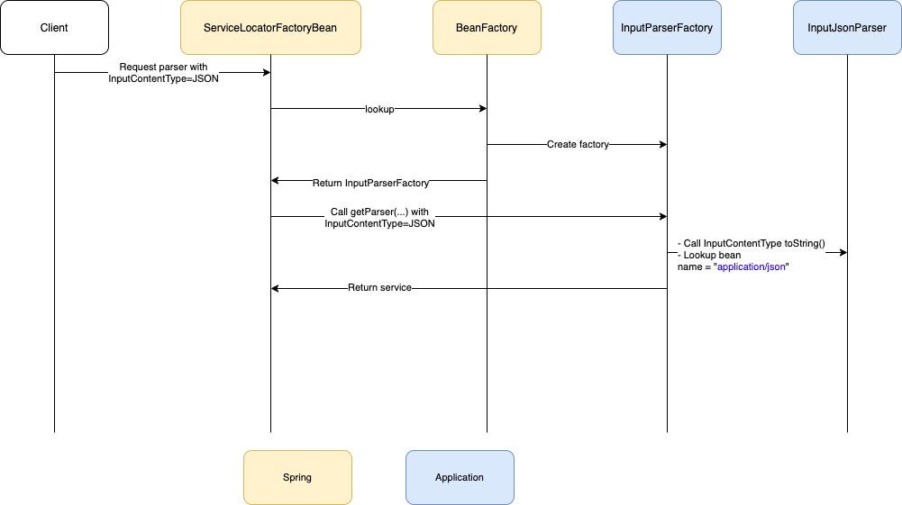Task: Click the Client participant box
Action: click(54, 28)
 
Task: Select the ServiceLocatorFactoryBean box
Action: click(270, 28)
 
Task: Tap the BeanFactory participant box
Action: click(487, 28)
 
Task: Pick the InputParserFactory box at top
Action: click(667, 28)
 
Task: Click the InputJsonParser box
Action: click(847, 28)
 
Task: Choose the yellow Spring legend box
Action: click(297, 477)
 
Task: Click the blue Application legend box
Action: click(460, 477)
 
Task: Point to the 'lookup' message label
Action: click(379, 109)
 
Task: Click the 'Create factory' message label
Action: click(578, 144)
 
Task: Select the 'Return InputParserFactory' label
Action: click(370, 183)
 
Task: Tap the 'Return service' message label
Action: click(379, 288)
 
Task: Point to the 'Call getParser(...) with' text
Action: click(379, 212)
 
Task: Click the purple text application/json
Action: click(752, 267)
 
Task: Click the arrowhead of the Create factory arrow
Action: click(662, 144)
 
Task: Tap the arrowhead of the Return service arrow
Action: click(276, 288)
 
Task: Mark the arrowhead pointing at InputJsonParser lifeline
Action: click(843, 252)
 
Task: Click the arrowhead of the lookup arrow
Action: click(482, 109)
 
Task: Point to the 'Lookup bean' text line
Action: click(711, 256)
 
